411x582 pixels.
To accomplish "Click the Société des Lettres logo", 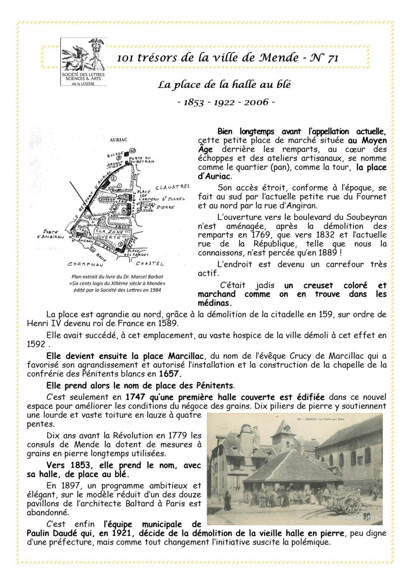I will tap(83, 62).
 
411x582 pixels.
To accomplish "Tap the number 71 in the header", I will tap(333, 58).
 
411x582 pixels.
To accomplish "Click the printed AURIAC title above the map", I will tap(118, 140).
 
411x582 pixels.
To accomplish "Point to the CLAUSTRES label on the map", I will tap(173, 187).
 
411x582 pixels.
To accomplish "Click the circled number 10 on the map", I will tap(132, 150).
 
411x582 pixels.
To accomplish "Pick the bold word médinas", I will tap(214, 303).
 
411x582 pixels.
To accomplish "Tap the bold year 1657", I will tap(169, 374).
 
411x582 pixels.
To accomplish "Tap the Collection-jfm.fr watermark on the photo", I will tap(359, 518).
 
